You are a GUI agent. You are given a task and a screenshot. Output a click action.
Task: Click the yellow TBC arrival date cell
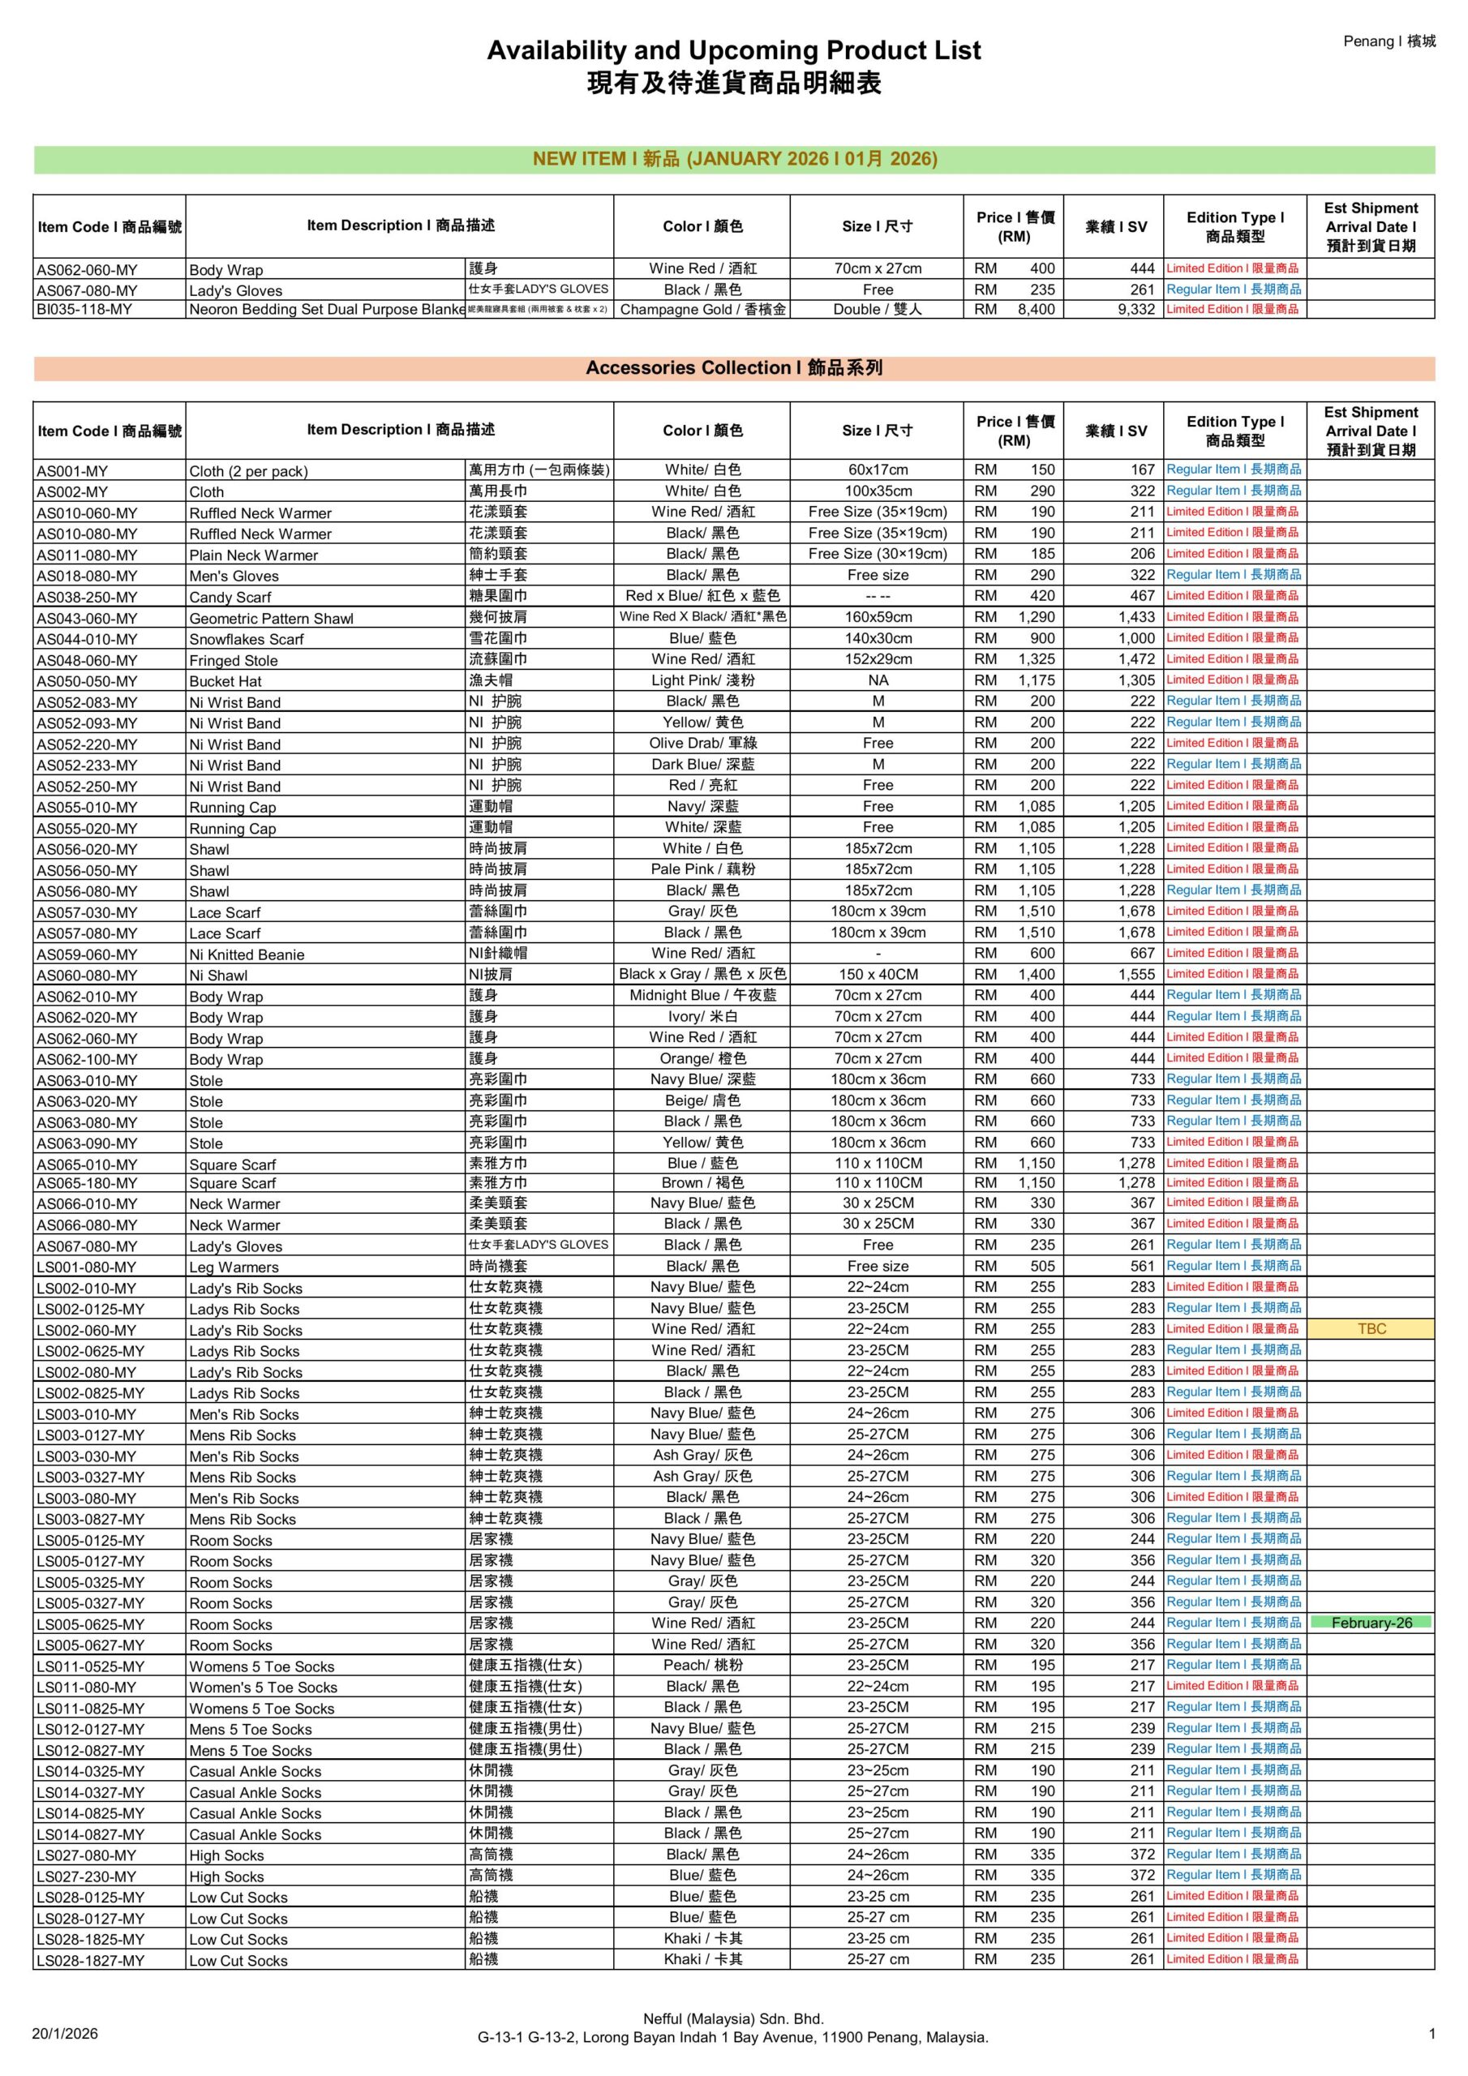pos(1371,1328)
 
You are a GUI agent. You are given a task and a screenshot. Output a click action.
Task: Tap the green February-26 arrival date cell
pos(1371,1622)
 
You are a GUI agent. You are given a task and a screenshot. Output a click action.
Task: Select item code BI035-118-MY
pos(84,309)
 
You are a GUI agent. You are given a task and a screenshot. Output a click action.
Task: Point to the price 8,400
pos(1035,309)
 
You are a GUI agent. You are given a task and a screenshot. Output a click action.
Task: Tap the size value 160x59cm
pos(878,616)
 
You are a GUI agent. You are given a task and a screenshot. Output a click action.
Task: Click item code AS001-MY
pos(72,471)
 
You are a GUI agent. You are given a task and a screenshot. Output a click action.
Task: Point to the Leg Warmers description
pos(234,1267)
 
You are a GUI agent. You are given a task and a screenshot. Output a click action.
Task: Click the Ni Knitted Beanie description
pos(246,954)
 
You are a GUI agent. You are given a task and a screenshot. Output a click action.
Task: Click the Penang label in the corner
pos(1389,41)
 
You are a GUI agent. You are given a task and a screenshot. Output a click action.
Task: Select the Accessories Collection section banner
pos(733,368)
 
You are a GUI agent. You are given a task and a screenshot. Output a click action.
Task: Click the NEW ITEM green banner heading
pos(733,159)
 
